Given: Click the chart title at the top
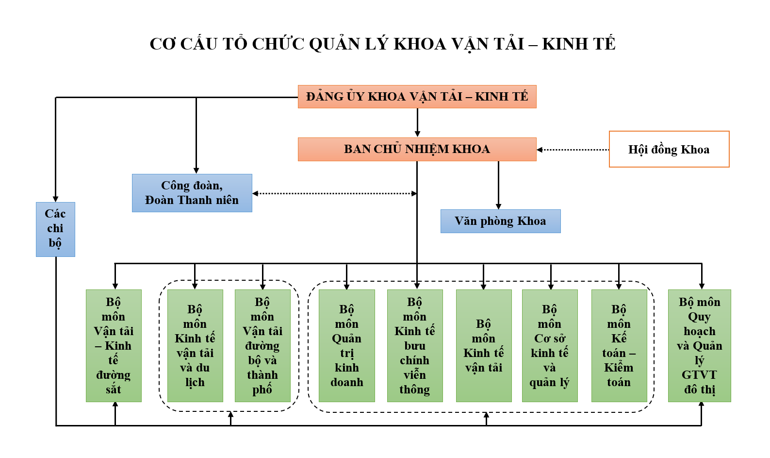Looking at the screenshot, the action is (x=382, y=44).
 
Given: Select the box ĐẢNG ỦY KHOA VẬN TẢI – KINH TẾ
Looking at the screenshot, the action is (x=417, y=97).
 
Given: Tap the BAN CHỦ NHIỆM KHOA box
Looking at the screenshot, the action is (x=417, y=149).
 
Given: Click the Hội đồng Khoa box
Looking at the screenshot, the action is (x=669, y=149).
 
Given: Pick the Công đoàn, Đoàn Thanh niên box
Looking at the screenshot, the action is (x=192, y=193).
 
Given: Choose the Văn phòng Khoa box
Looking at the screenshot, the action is (x=501, y=221).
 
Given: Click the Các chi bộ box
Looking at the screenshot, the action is (x=55, y=230).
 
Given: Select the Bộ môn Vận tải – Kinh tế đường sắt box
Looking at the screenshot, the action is (x=114, y=346).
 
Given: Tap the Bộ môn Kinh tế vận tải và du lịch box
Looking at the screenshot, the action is (x=195, y=346).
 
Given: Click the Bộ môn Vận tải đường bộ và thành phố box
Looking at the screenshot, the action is (x=262, y=346).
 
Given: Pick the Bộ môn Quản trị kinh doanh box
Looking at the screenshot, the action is (x=347, y=346).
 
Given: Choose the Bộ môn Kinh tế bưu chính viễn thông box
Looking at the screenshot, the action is (x=415, y=346).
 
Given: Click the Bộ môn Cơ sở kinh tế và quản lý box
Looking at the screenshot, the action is (x=550, y=346).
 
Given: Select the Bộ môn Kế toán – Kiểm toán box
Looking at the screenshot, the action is (x=619, y=346).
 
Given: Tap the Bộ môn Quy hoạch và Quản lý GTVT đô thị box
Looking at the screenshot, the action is (x=700, y=346).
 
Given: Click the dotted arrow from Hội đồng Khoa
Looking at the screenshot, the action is (x=573, y=150).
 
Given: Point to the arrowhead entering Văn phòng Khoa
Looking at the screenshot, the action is (x=498, y=206).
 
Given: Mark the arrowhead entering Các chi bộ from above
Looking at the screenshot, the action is (x=56, y=199).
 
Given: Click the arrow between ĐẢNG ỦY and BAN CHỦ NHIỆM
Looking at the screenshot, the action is (x=417, y=123).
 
